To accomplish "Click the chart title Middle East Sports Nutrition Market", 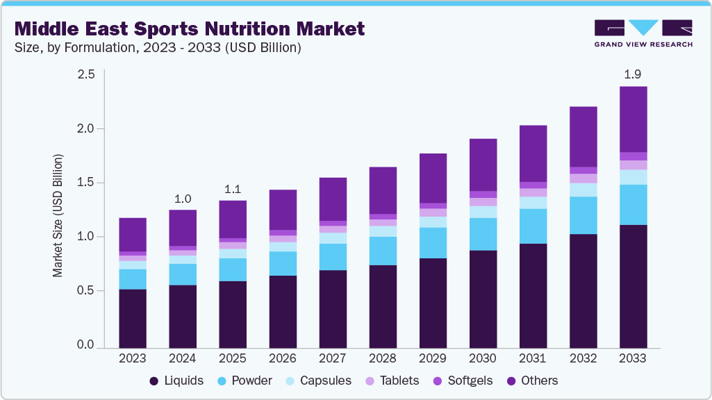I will click(x=189, y=29).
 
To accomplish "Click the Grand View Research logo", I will click(x=643, y=33).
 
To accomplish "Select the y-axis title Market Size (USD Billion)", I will click(x=58, y=215).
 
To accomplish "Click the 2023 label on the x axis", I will click(x=132, y=358).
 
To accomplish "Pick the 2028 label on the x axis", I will click(x=383, y=358).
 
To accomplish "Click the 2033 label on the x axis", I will click(x=633, y=358).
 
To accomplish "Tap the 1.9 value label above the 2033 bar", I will click(x=633, y=74).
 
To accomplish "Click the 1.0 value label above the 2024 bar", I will click(x=182, y=199).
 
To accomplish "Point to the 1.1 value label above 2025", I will click(x=233, y=189).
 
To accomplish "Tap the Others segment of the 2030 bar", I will click(x=483, y=165).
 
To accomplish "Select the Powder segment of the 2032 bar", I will click(x=583, y=215).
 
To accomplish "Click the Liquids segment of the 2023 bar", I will click(x=132, y=318).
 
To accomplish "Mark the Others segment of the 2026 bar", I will click(x=283, y=210).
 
